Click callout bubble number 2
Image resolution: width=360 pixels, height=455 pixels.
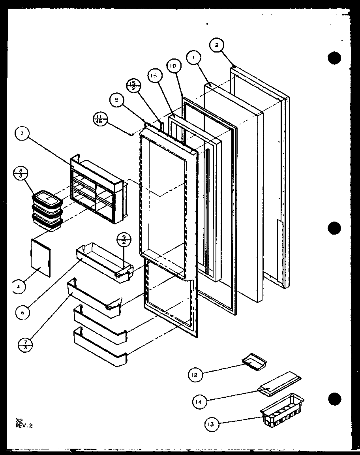click(x=217, y=45)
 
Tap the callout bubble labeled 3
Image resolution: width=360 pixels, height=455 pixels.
click(x=22, y=134)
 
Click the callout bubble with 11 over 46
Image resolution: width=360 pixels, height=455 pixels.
click(x=100, y=118)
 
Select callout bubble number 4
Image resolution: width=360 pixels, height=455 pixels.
click(x=17, y=287)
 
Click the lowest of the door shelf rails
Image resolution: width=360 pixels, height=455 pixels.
click(x=100, y=347)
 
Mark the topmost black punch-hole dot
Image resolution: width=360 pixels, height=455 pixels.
click(x=334, y=58)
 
